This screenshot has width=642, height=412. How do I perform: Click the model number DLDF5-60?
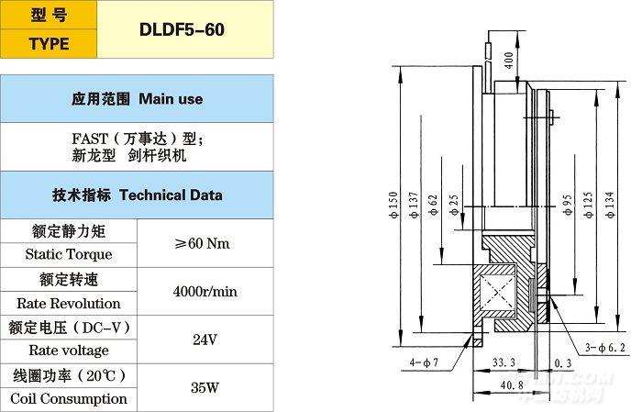tap(182, 29)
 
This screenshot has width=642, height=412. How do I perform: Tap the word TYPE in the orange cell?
tap(49, 44)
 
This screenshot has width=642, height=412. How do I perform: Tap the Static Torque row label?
tap(69, 254)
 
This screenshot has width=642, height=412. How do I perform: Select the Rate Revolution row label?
tap(69, 303)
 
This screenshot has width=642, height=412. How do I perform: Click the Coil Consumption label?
tap(69, 398)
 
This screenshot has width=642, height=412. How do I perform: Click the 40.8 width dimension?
tap(505, 385)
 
